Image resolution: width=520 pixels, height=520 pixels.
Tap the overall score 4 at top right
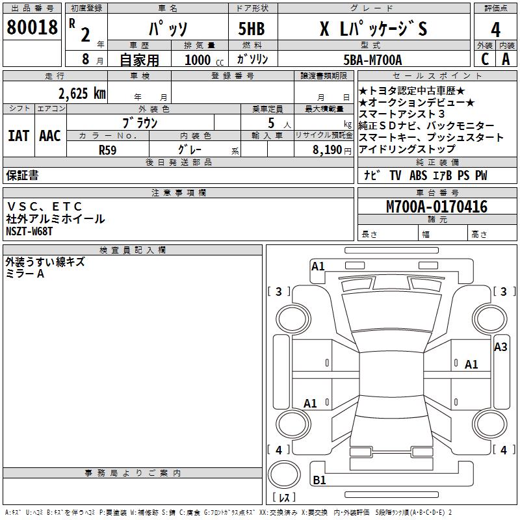(x=495, y=29)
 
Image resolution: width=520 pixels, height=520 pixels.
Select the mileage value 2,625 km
(x=82, y=94)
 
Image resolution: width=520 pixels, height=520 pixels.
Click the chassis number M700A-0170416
(x=437, y=207)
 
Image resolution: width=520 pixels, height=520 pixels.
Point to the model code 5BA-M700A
(x=372, y=60)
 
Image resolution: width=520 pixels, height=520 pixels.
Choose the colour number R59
(x=109, y=149)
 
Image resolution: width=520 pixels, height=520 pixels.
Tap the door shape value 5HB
(x=252, y=29)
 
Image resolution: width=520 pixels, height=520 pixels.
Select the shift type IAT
(x=18, y=136)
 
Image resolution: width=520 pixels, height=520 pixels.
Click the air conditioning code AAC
(x=50, y=136)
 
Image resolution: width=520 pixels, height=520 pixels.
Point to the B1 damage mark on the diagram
(x=320, y=481)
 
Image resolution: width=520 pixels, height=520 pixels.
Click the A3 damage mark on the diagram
(x=500, y=347)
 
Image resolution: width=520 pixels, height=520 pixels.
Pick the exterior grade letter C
(x=485, y=60)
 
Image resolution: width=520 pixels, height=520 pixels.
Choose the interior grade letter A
(x=506, y=60)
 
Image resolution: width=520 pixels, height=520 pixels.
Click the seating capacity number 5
(x=270, y=123)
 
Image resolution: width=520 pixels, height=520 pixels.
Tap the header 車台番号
(x=437, y=193)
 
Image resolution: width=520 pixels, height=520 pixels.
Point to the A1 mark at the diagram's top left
(x=318, y=266)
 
